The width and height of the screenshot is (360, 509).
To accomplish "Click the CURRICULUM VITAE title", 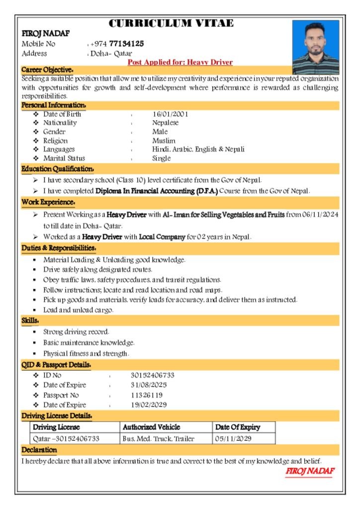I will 171,23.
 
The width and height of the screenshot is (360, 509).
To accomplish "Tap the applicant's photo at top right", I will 315,47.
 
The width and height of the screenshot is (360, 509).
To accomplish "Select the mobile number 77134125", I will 126,44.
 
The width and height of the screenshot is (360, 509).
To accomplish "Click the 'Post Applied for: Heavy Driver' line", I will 180,62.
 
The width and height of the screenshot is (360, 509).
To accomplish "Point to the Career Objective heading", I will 48,70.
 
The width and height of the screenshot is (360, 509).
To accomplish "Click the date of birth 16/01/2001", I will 170,114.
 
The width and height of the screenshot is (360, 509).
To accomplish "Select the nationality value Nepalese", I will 165,123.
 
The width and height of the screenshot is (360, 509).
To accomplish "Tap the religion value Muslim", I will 164,141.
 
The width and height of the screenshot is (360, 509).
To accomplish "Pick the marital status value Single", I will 161,159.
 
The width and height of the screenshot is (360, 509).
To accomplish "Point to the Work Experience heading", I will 48,202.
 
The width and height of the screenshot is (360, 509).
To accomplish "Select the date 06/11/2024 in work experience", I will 321,215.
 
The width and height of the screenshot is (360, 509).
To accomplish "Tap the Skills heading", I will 30,321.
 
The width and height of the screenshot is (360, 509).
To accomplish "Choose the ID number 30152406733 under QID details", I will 152,375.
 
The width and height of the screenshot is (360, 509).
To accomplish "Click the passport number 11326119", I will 147,395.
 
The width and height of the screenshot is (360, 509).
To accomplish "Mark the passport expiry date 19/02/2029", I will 149,405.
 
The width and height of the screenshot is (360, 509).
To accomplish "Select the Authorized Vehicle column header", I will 151,427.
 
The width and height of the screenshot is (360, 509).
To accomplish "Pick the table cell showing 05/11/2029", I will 233,439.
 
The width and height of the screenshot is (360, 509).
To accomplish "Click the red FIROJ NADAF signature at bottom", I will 310,471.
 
